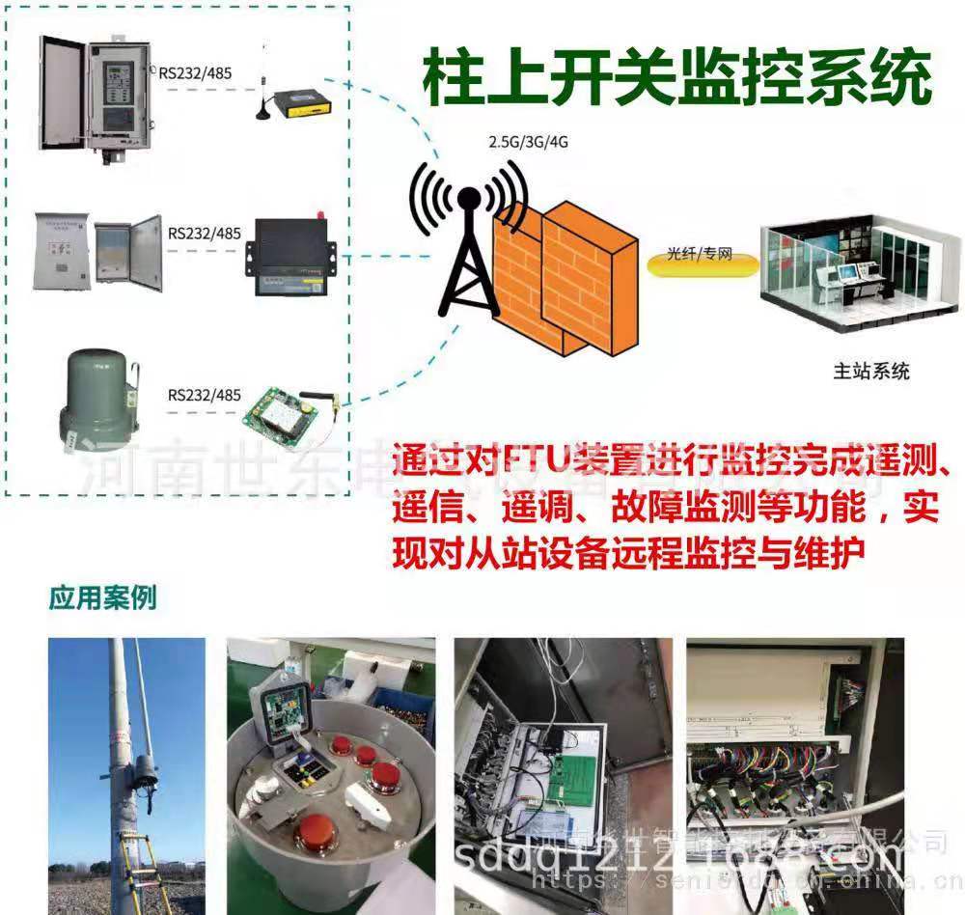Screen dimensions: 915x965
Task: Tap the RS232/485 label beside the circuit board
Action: coord(204,394)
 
